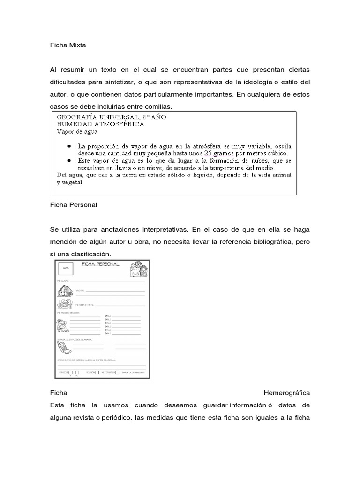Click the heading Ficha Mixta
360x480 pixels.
[68, 45]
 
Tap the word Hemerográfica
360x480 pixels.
[287, 392]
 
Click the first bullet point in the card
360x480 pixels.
[69, 146]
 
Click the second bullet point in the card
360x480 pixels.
[69, 160]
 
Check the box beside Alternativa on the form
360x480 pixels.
[117, 372]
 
